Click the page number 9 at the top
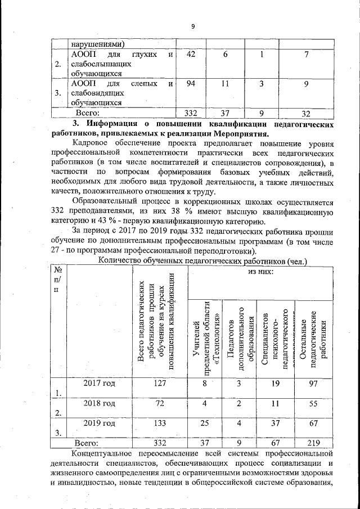(x=192, y=26)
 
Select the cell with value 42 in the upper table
(x=191, y=54)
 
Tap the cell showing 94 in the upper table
(x=191, y=84)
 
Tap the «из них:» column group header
(x=261, y=273)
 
